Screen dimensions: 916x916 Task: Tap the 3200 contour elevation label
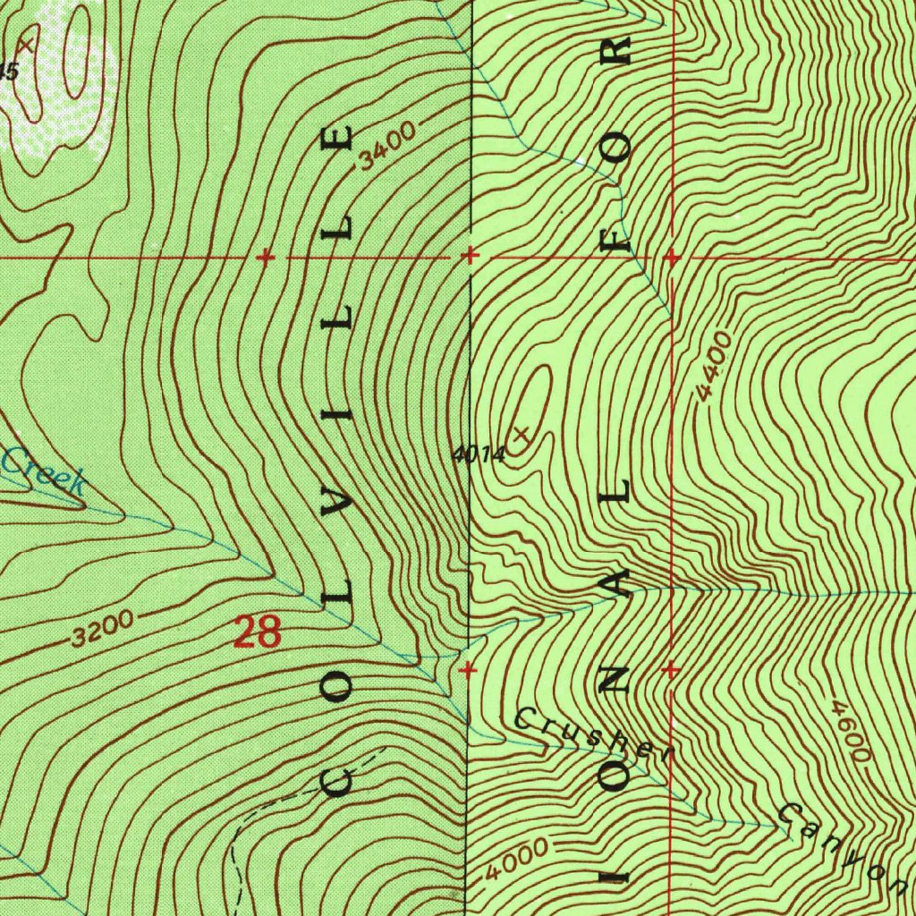click(x=102, y=630)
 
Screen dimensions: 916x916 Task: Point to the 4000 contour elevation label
click(x=518, y=860)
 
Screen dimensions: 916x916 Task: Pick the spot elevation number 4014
click(x=479, y=454)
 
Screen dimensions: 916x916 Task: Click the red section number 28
click(x=257, y=633)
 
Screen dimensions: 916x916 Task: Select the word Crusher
click(x=592, y=734)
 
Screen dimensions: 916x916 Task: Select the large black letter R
click(x=617, y=51)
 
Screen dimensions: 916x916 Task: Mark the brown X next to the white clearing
click(x=27, y=43)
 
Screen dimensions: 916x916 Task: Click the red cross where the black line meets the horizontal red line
click(x=469, y=258)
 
